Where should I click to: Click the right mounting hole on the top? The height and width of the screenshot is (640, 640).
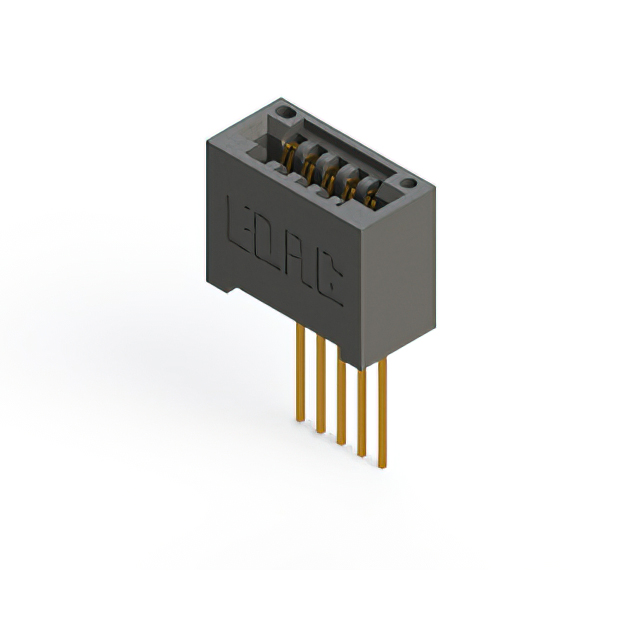[x=407, y=184]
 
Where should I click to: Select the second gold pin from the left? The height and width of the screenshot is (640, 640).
[x=320, y=385]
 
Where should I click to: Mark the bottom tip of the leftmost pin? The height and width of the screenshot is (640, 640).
[x=298, y=420]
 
